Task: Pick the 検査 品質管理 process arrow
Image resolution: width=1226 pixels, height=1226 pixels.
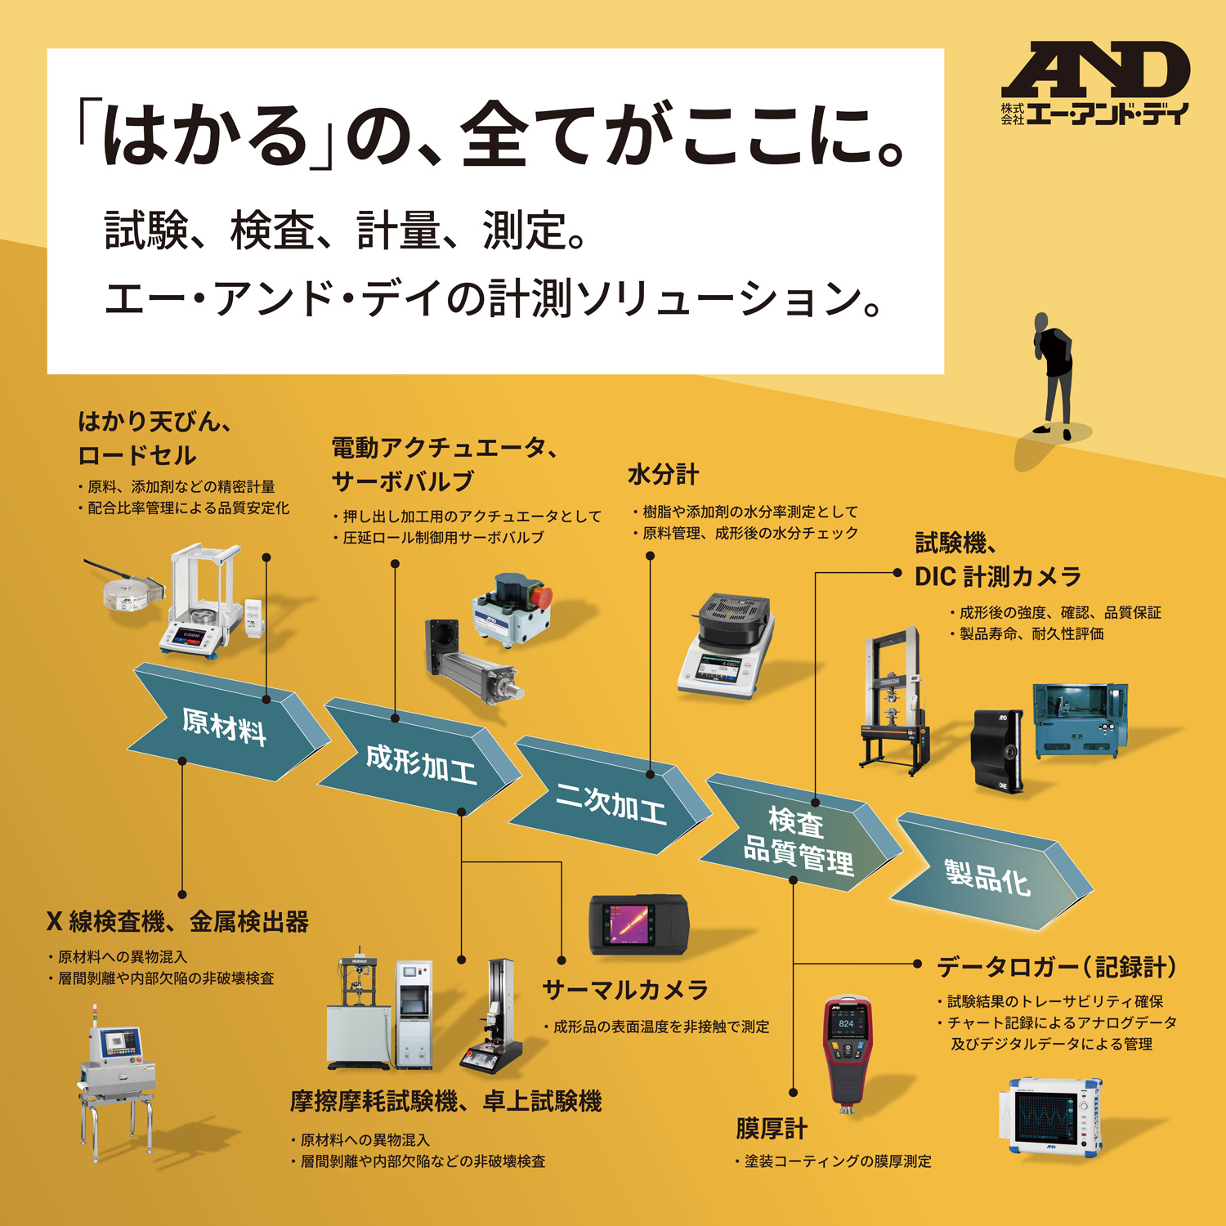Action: click(x=798, y=839)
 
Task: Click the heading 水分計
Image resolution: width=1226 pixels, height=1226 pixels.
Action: click(x=663, y=474)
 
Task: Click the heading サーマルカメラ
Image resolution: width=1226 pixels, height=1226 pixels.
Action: click(x=625, y=990)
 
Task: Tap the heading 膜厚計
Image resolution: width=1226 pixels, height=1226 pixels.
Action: click(x=771, y=1129)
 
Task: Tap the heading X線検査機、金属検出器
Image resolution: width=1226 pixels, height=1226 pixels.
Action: click(x=177, y=922)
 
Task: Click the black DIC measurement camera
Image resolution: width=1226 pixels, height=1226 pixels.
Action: click(x=998, y=749)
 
